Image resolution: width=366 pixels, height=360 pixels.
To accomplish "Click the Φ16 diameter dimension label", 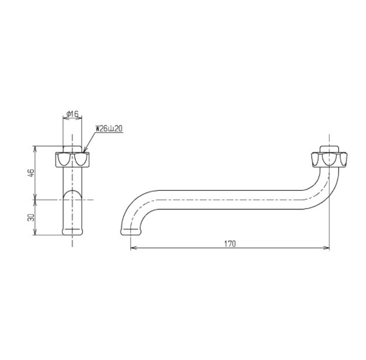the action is click(x=72, y=114).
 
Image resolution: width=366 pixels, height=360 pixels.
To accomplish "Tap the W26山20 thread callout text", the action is click(x=109, y=129).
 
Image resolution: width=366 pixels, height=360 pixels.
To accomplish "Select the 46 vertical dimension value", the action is click(x=31, y=173).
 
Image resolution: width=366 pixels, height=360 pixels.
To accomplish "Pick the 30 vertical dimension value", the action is click(x=31, y=218).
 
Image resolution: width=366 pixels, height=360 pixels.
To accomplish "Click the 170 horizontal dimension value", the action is click(x=230, y=244).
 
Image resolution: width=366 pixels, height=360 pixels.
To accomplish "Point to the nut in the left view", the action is click(x=72, y=160).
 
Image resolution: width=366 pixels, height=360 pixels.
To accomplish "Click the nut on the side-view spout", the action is click(x=329, y=160).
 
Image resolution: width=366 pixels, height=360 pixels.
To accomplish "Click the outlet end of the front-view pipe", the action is click(x=72, y=231).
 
